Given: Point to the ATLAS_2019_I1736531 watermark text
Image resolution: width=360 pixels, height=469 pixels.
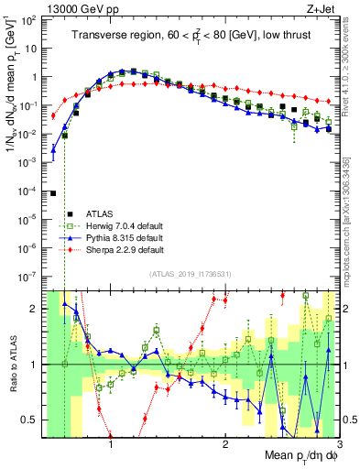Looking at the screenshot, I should (189, 274).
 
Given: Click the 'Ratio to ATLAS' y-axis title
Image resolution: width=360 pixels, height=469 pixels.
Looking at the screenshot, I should (12, 365).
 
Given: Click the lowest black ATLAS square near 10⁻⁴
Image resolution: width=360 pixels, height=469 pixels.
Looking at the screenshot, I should (53, 193).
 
